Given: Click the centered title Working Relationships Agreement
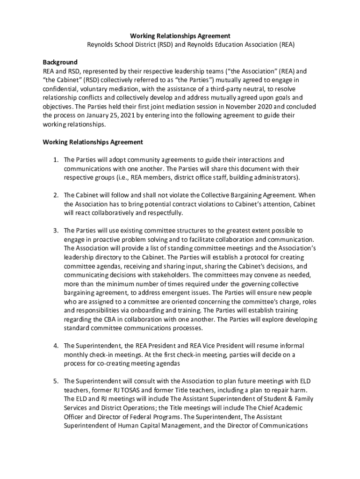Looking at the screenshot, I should [x=180, y=36].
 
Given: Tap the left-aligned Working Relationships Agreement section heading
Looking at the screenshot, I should [x=93, y=142].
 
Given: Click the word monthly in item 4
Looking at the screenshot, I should [x=75, y=355].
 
